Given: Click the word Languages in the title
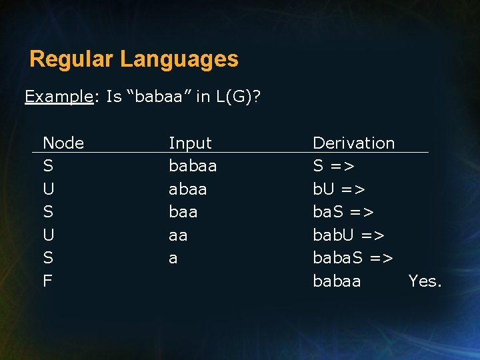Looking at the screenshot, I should click(179, 59).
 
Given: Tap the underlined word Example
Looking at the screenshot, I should click(59, 97).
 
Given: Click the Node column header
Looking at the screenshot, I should click(63, 143).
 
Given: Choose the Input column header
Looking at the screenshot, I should click(190, 143).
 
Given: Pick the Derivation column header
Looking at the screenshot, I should click(353, 143).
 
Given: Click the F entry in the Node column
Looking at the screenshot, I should click(47, 281).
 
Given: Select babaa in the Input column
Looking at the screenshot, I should click(193, 166).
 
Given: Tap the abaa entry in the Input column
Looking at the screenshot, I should click(188, 189).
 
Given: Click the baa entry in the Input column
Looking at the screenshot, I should click(183, 212).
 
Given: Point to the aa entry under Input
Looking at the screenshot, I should click(178, 235).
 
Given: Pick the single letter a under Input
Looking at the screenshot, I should click(173, 259).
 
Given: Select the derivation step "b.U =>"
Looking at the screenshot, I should click(339, 189).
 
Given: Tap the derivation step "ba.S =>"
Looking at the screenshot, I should click(343, 212).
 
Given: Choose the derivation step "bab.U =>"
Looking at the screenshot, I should click(349, 235).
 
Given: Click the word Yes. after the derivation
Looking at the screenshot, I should click(425, 281).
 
